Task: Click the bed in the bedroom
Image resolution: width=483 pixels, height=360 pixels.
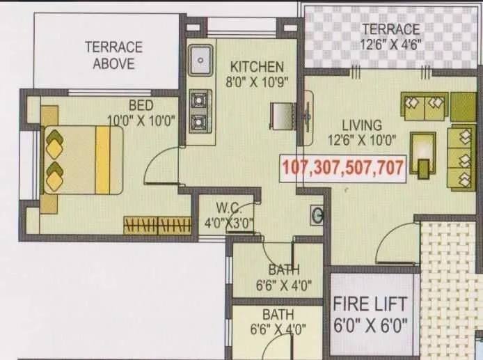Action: tap(82, 159)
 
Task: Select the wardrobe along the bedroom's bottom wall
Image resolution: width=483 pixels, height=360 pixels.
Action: tap(157, 225)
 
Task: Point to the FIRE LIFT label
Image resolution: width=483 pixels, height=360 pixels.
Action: tap(369, 306)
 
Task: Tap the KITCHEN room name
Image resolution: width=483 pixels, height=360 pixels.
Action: tap(257, 67)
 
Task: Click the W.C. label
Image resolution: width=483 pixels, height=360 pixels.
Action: tap(228, 207)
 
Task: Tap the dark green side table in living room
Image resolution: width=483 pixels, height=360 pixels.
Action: tap(462, 106)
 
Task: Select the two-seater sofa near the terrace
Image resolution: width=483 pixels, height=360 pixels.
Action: tap(424, 106)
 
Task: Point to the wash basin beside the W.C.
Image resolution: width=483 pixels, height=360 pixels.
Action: tap(318, 216)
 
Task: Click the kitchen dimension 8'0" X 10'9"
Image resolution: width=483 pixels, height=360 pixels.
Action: tap(257, 81)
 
